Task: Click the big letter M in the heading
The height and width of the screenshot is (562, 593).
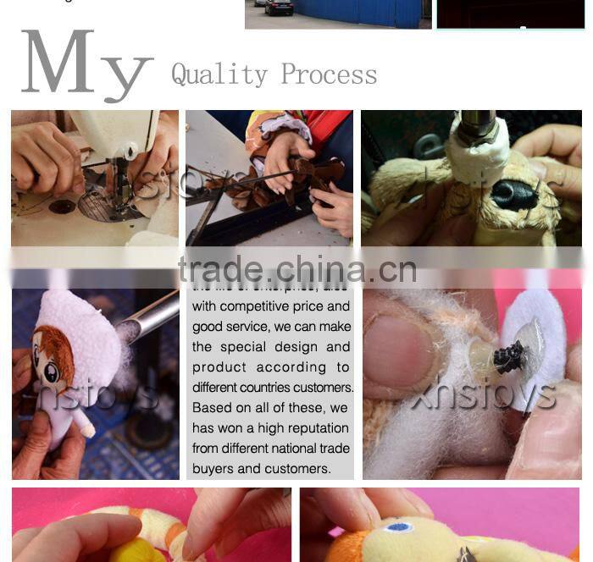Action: (58, 63)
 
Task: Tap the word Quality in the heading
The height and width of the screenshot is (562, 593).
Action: (219, 74)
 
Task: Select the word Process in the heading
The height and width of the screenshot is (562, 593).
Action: (329, 74)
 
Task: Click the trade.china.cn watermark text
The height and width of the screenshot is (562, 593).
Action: (296, 270)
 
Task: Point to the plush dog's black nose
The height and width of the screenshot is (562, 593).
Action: (513, 196)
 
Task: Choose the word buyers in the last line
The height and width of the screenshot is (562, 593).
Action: (213, 469)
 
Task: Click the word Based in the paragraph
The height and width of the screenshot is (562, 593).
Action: (210, 408)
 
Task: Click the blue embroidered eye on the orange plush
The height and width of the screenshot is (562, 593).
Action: (398, 527)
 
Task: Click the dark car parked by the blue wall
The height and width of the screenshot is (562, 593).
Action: (279, 8)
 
